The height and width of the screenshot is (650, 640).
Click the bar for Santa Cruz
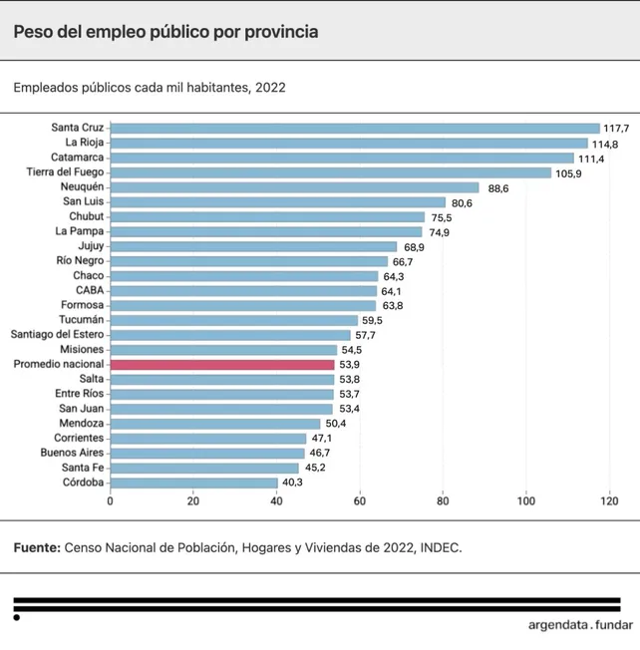coord(355,128)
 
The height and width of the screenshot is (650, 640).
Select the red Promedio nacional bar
coord(222,365)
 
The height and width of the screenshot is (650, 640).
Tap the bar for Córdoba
coord(194,483)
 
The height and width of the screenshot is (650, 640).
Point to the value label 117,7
coord(618,129)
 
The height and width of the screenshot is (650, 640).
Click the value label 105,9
coord(570,172)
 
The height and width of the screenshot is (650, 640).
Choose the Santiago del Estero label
coord(57,335)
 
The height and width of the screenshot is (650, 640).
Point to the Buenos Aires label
coord(72,453)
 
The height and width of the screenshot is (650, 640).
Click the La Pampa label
coord(80,231)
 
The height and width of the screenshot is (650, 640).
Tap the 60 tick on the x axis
coord(360,501)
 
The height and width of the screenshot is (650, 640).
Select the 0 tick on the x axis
coord(111,501)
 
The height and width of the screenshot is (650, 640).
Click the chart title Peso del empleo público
coord(165,32)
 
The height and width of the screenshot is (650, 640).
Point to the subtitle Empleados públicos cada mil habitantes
coord(150,87)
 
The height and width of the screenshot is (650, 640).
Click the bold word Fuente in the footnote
coord(37,547)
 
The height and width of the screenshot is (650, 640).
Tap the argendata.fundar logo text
coord(580,626)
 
